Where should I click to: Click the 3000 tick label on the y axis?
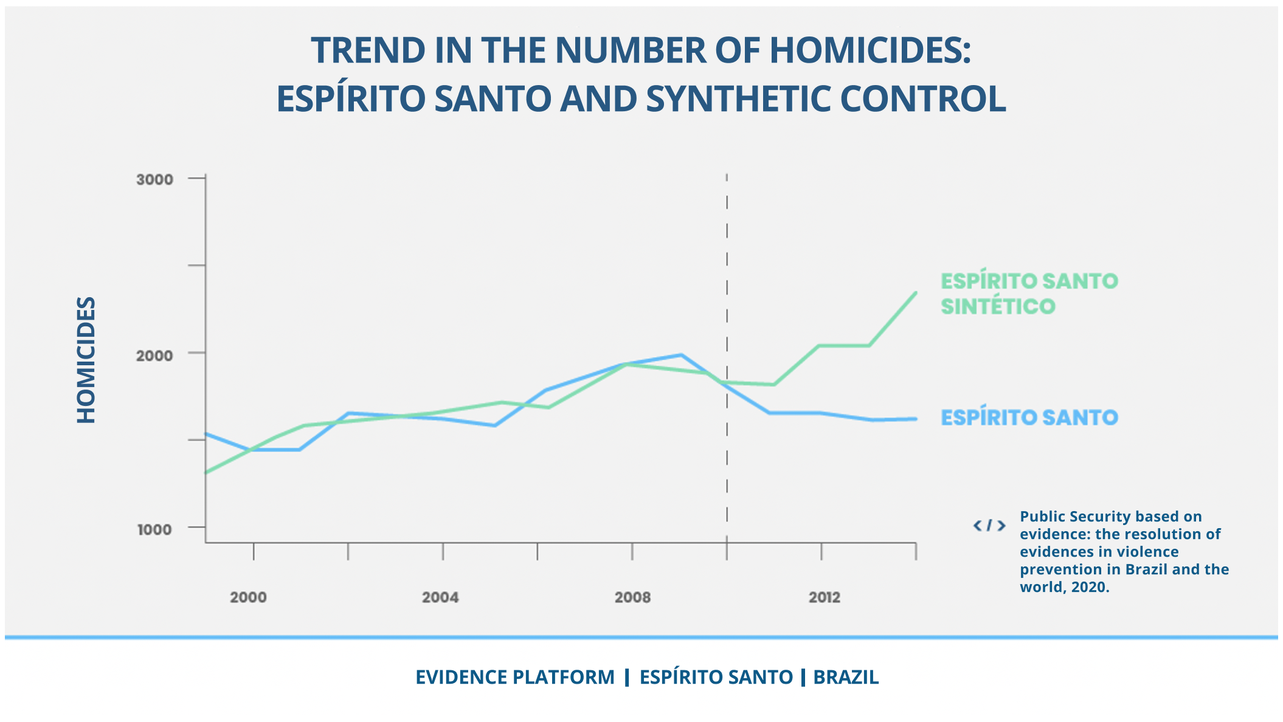tap(154, 179)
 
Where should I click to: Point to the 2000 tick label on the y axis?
tap(154, 355)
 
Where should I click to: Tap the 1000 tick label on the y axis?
tap(154, 529)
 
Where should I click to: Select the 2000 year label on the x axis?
tap(248, 597)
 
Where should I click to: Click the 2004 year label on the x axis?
tap(440, 597)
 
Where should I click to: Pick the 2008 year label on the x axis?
tap(632, 597)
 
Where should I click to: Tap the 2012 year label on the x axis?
tap(825, 597)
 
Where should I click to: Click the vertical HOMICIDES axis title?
tap(86, 360)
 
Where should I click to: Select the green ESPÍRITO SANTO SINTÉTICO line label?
tap(1029, 294)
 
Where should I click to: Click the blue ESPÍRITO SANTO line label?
tap(1029, 418)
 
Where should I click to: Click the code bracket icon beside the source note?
tap(989, 525)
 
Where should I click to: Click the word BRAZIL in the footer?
tap(846, 677)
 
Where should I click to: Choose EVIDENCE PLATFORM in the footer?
tap(515, 677)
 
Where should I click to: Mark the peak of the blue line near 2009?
tap(682, 355)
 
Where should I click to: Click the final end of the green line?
tap(916, 293)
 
